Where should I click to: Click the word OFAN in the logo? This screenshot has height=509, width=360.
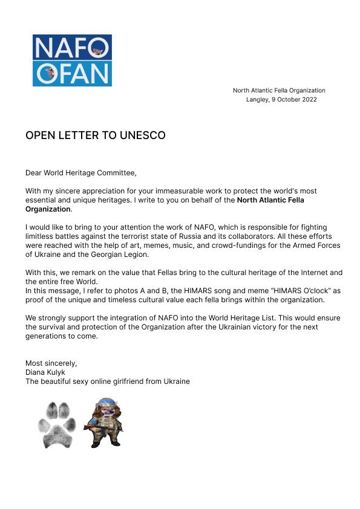tap(71, 73)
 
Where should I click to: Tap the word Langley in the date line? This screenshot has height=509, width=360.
tap(258, 100)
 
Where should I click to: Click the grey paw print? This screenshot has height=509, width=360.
tap(56, 423)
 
